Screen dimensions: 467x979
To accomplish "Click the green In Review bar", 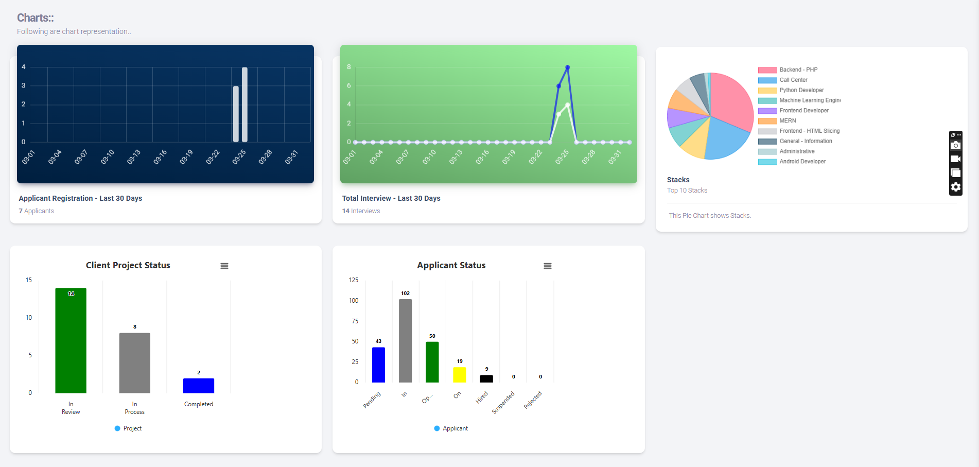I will [x=71, y=340].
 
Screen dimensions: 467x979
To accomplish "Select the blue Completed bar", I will [x=199, y=386].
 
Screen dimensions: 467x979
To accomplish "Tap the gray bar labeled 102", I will [x=405, y=340].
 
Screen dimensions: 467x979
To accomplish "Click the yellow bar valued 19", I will [x=459, y=375].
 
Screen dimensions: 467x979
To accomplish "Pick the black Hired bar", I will [x=486, y=378].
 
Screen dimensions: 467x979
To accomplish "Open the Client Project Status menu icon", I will [x=224, y=266].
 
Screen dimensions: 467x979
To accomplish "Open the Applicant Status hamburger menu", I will [x=548, y=266].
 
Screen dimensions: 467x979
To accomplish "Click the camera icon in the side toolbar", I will [x=955, y=145].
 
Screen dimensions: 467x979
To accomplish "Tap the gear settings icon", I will [x=955, y=187].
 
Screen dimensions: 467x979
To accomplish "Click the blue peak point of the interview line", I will [x=567, y=67].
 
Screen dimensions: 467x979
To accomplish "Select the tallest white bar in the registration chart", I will [x=244, y=105].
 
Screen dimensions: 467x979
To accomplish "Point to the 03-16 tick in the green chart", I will [x=482, y=157].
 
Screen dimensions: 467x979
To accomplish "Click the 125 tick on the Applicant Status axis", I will [x=354, y=280].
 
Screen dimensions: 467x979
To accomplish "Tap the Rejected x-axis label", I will [x=533, y=400].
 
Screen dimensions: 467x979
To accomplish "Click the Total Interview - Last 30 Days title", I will [x=391, y=198].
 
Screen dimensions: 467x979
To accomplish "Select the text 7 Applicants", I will [x=36, y=211].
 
